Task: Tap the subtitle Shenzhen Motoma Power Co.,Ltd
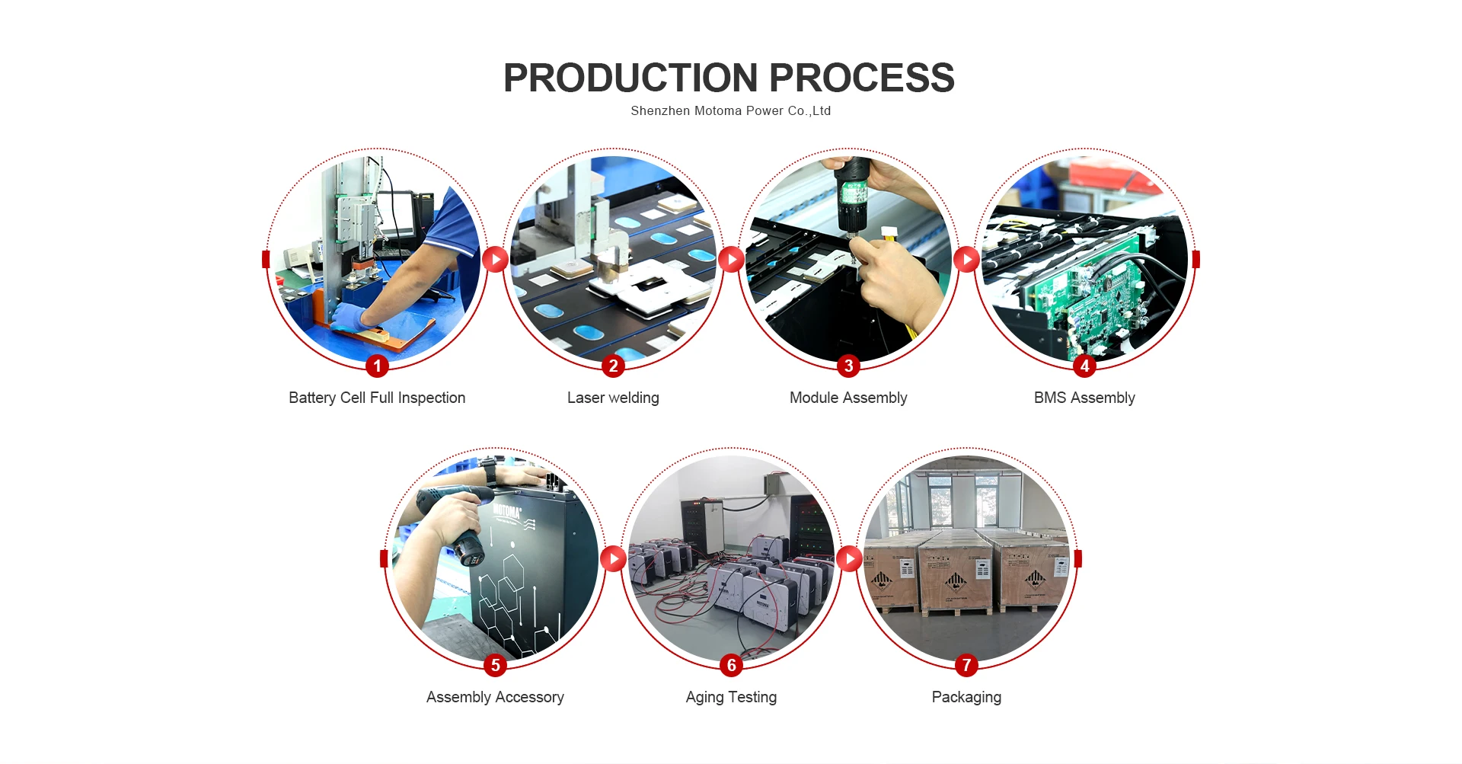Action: (730, 111)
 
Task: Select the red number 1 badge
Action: (377, 366)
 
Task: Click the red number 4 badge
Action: (1084, 366)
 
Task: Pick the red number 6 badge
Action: (731, 666)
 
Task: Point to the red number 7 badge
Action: (966, 666)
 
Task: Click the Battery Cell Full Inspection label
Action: (377, 398)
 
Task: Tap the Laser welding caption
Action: (613, 398)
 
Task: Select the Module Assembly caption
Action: (848, 398)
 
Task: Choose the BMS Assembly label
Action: (1084, 398)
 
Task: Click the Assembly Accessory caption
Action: (495, 697)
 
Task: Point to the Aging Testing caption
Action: (731, 697)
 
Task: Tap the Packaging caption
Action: (966, 697)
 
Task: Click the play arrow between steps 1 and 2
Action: (495, 260)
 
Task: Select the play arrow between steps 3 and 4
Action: (966, 260)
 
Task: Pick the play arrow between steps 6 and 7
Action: (849, 559)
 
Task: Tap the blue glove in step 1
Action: (350, 316)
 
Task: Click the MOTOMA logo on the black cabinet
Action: (507, 510)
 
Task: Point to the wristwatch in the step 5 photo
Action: (489, 471)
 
